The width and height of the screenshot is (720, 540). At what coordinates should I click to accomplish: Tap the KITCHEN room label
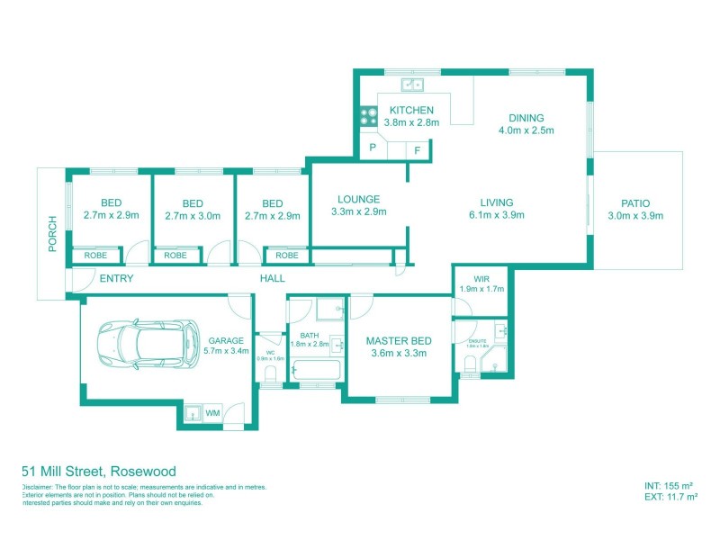click(x=411, y=111)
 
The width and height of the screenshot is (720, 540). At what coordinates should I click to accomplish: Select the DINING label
click(x=526, y=118)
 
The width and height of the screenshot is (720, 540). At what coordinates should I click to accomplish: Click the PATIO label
click(x=634, y=203)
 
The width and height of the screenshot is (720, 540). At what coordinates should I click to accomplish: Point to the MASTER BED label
click(x=398, y=341)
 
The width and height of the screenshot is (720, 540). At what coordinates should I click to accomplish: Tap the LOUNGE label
click(x=358, y=200)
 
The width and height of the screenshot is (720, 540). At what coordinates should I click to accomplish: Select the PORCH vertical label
click(x=52, y=233)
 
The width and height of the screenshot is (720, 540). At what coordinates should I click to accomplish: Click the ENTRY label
click(x=116, y=279)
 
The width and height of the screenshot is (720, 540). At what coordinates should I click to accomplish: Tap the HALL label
click(x=273, y=279)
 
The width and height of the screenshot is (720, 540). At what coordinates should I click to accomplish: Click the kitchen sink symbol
click(x=414, y=85)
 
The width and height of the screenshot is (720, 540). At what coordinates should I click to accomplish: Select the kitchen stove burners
click(x=369, y=115)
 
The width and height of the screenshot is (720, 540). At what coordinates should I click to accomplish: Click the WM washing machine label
click(x=213, y=413)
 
